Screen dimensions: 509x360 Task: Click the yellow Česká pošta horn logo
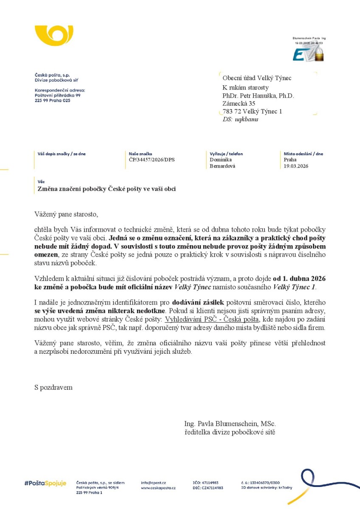pyautogui.click(x=54, y=36)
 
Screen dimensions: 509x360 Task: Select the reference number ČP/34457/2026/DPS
pyautogui.click(x=152, y=160)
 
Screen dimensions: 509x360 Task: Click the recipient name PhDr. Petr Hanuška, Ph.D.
pyautogui.click(x=258, y=96)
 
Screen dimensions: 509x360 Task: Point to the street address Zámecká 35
pyautogui.click(x=239, y=103)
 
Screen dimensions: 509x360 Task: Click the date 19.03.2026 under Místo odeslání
pyautogui.click(x=296, y=166)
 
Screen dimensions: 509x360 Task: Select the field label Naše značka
pyautogui.click(x=141, y=154)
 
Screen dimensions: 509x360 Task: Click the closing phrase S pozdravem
pyautogui.click(x=53, y=387)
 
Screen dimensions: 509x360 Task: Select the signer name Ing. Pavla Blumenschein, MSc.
pyautogui.click(x=230, y=424)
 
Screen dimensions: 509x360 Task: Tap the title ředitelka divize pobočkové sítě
pyautogui.click(x=230, y=432)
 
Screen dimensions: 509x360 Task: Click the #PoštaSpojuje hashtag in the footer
pyautogui.click(x=45, y=483)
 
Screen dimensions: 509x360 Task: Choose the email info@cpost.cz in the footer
pyautogui.click(x=153, y=483)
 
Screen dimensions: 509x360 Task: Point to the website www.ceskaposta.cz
pyautogui.click(x=158, y=488)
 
